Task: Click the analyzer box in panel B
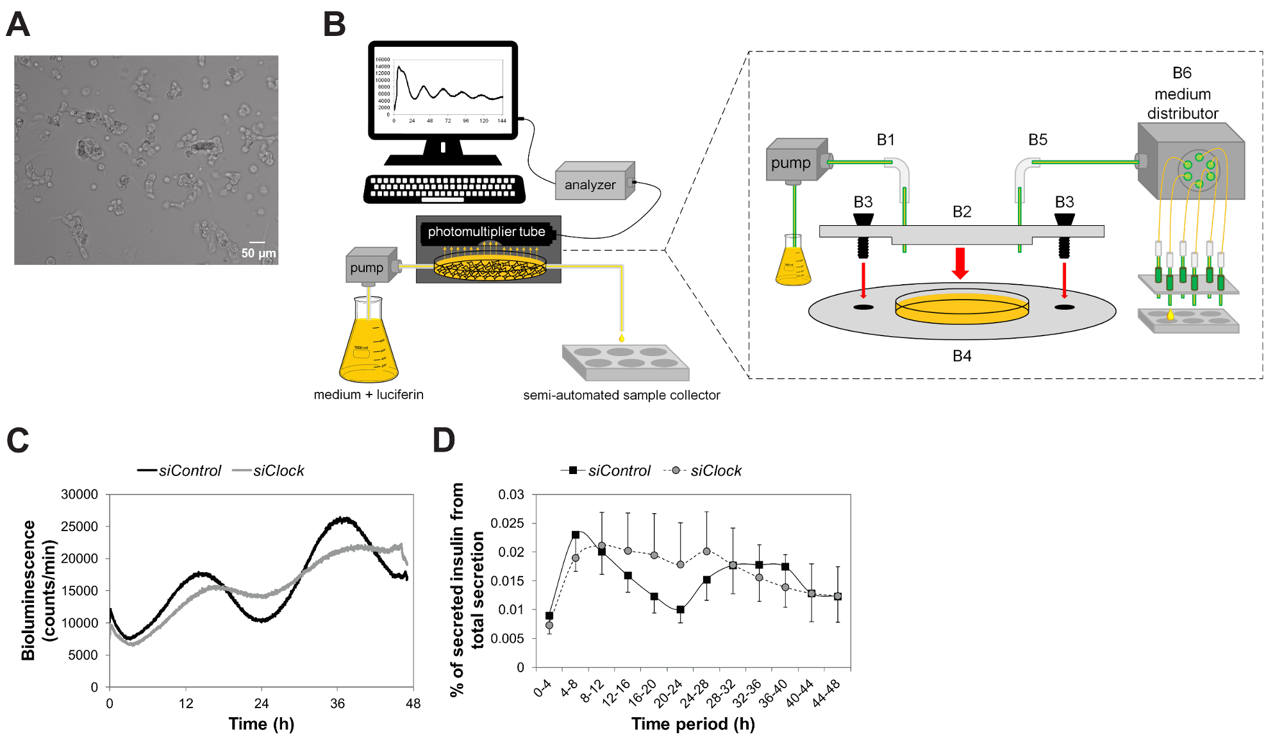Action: [594, 182]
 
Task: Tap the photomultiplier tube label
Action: [486, 232]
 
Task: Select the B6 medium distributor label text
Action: [1182, 94]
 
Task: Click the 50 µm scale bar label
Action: [258, 253]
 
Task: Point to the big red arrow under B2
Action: [960, 263]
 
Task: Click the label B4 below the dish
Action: [961, 356]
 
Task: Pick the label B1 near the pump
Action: [885, 140]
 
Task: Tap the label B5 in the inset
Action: [1037, 140]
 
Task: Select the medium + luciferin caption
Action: [369, 394]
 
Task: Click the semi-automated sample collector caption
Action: [621, 395]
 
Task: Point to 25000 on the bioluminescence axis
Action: [79, 527]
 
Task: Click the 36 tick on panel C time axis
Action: [337, 704]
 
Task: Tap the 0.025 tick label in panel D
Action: [507, 523]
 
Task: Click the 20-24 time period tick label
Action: [669, 693]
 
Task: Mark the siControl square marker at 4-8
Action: [576, 535]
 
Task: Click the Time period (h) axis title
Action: [693, 724]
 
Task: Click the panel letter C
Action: [18, 441]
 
